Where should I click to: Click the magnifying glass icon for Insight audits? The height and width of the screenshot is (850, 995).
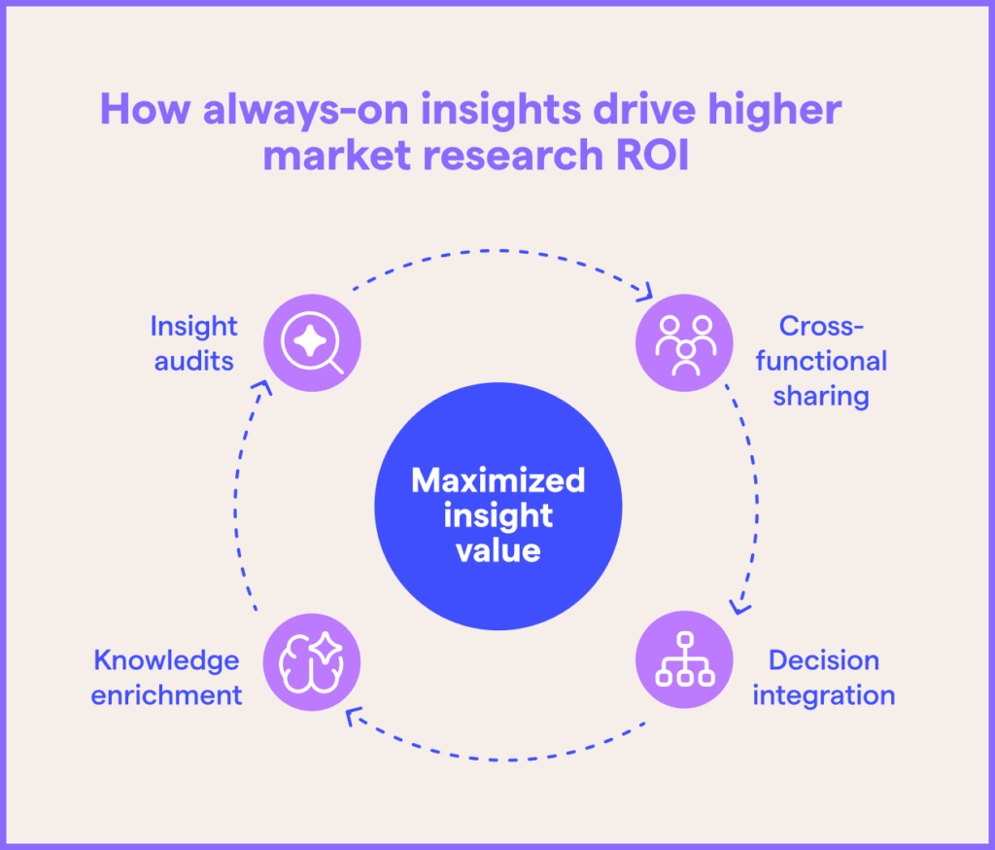[313, 342]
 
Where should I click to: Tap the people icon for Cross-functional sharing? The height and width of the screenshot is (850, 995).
[684, 342]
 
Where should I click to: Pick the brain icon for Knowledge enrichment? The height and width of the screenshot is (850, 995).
[313, 661]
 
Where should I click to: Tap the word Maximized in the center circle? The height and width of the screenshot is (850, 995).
[497, 480]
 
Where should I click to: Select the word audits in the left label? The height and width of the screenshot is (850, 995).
[193, 361]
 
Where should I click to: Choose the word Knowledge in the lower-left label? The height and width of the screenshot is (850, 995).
[166, 660]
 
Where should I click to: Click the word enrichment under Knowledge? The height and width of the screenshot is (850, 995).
[166, 695]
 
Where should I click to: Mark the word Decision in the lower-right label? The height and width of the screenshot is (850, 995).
[823, 660]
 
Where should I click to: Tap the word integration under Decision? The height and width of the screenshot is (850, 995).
[823, 695]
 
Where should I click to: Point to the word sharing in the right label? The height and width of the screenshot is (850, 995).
[821, 396]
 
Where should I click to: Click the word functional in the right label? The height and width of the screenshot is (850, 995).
[821, 361]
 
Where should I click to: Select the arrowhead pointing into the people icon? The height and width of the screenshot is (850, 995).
[643, 292]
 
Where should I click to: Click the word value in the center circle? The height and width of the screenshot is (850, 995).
[497, 550]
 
